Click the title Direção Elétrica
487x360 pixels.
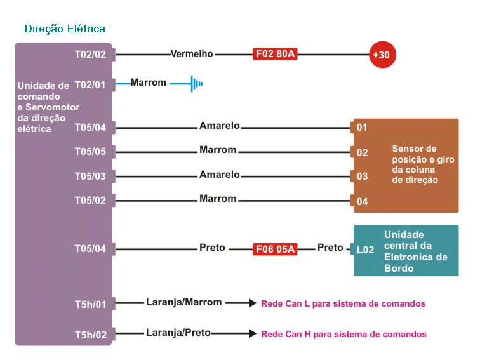(x=65, y=29)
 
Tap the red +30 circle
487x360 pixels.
(x=383, y=55)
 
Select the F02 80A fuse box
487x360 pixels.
(x=275, y=54)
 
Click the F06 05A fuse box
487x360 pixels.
(x=275, y=249)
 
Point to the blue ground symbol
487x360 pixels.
(x=196, y=83)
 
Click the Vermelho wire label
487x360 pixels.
(x=192, y=54)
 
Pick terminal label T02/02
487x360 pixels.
(x=90, y=55)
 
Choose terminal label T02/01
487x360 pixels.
(x=90, y=84)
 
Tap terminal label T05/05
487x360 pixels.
(x=90, y=152)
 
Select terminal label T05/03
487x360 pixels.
(x=90, y=176)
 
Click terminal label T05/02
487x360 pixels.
(x=90, y=201)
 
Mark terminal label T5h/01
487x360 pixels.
(x=90, y=305)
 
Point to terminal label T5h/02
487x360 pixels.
(x=90, y=335)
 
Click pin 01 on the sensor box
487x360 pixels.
(x=362, y=128)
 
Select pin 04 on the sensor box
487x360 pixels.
(x=362, y=202)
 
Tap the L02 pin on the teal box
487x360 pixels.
(x=365, y=250)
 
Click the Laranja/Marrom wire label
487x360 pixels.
(x=184, y=302)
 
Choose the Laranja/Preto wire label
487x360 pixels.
(x=178, y=332)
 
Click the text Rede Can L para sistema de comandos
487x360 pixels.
(x=343, y=303)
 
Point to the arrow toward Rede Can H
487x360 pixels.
(x=241, y=333)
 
